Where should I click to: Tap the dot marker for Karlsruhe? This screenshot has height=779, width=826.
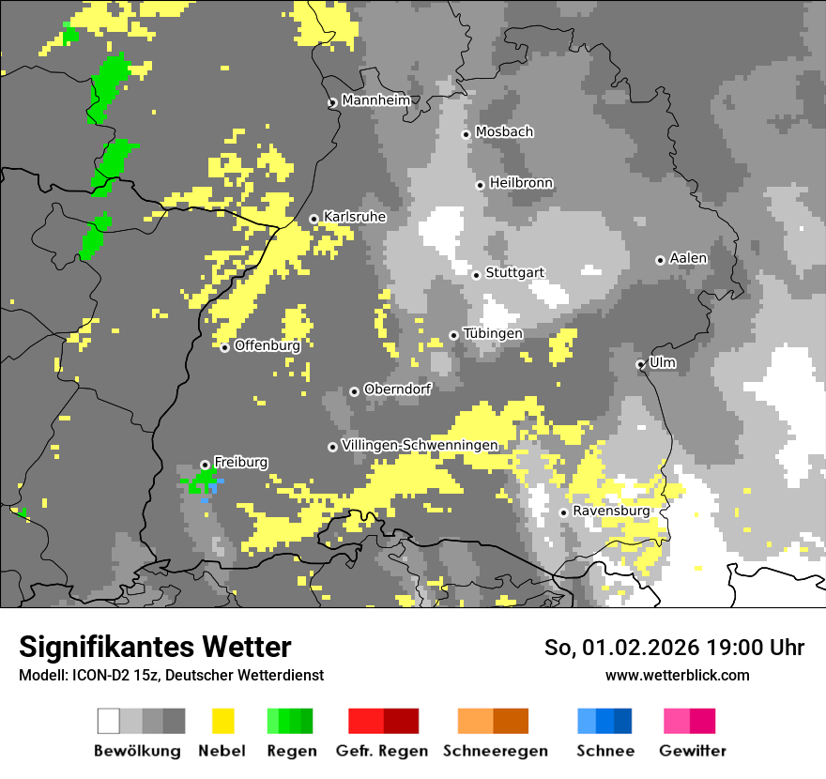coord(314,220)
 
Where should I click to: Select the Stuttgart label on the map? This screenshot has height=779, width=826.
coord(515,273)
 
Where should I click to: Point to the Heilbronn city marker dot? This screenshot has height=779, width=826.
coord(481,185)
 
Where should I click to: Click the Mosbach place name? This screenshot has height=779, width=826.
coord(504,132)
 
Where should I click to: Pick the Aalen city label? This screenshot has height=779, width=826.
coord(688,258)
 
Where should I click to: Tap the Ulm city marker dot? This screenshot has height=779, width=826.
coord(641,364)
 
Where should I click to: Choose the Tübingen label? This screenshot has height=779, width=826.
coord(493,333)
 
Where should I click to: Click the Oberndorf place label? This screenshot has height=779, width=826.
coord(397,389)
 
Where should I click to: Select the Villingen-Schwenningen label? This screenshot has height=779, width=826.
coord(420,445)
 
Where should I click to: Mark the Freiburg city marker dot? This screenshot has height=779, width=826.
coord(205,465)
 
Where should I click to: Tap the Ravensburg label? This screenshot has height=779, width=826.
coord(611,512)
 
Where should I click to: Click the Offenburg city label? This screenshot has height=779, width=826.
coord(268,345)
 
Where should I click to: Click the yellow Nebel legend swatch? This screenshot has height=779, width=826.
coord(223,721)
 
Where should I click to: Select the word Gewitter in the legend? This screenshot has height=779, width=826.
coord(692,751)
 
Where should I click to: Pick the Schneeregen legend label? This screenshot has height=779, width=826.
coord(496,751)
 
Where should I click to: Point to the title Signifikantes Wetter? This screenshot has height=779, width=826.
coord(155,647)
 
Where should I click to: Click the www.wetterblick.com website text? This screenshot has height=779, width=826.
coord(677,675)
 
